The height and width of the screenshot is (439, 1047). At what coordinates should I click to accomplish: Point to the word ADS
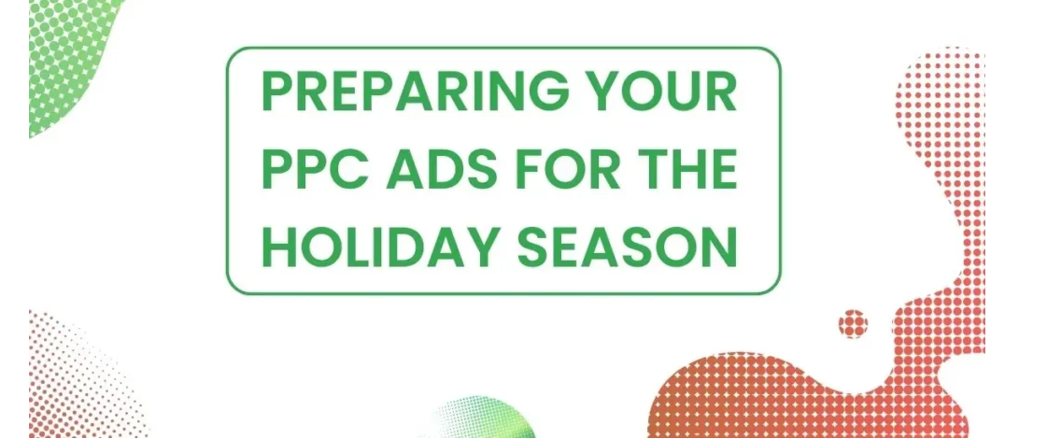click(450, 170)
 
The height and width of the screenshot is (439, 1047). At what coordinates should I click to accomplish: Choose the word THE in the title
click(690, 170)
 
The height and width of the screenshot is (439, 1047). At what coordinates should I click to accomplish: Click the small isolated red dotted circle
click(853, 324)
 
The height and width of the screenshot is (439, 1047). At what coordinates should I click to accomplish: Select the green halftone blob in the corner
click(70, 56)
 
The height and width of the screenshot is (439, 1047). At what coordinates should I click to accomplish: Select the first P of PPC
click(278, 170)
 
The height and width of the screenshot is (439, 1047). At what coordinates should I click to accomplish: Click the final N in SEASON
click(717, 246)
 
